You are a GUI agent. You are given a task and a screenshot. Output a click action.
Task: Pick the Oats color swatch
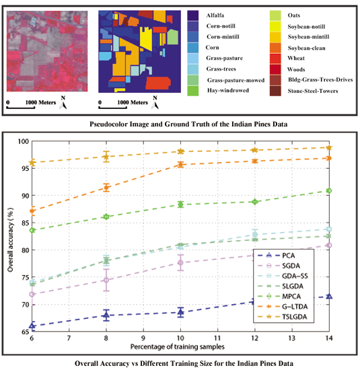[277, 14]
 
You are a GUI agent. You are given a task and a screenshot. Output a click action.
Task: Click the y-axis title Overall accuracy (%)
[10, 235]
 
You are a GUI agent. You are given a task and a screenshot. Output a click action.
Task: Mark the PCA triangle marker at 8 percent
[106, 315]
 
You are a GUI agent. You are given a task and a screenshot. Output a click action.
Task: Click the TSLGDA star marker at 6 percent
[32, 162]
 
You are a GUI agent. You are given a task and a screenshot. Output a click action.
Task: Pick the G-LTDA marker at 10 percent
[180, 164]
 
